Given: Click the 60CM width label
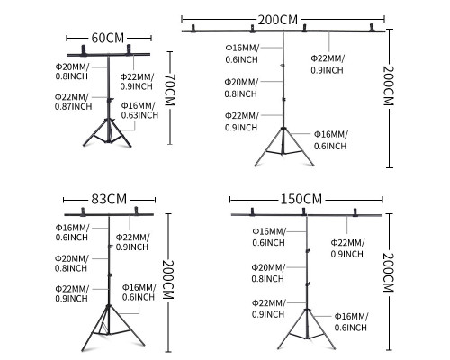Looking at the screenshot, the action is (108, 38).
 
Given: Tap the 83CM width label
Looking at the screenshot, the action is (109, 199).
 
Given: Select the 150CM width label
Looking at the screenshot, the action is (301, 199).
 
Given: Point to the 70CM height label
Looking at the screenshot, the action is (170, 89).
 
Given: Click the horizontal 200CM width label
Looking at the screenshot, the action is (278, 20).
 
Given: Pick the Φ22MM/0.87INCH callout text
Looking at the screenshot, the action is (73, 102).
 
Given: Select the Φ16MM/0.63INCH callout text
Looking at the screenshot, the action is (139, 110).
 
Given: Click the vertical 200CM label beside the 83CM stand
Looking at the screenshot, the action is (168, 280).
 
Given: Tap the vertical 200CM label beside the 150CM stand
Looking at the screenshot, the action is (388, 273).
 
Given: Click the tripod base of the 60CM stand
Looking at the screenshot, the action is (107, 132).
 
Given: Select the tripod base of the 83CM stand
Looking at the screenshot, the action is (109, 328).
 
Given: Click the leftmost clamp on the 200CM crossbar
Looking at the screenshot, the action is (193, 28).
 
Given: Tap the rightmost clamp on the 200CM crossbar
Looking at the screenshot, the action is (372, 27).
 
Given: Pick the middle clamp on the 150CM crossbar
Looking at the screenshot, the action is (303, 211).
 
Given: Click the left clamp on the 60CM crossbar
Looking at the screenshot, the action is (83, 50).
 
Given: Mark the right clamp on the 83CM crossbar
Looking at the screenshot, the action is (136, 211).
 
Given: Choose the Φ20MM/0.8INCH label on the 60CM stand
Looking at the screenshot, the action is (72, 71).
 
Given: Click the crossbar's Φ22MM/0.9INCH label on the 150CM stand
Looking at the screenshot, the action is (347, 248).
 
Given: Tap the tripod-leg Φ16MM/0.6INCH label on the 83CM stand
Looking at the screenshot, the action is (139, 292).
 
